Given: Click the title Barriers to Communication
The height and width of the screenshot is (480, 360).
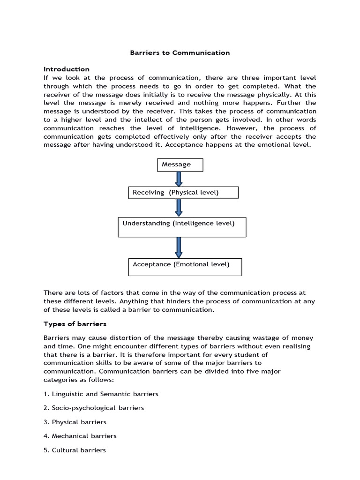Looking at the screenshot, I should point(180,52).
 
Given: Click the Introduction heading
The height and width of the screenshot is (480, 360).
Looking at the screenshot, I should point(66,69).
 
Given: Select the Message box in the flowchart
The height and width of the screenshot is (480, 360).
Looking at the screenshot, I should point(180,165).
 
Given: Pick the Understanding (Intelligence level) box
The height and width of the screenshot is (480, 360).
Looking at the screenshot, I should point(182,227).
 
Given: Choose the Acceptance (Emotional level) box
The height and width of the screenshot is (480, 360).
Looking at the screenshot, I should point(185,266).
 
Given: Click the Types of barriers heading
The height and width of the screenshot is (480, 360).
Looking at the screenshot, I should point(75,324).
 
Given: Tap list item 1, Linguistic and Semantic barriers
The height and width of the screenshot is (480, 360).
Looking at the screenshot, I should point(101,394).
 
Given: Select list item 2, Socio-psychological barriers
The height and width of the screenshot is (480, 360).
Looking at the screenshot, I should point(94,408).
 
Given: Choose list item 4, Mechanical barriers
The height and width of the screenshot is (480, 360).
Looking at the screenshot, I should point(80,436).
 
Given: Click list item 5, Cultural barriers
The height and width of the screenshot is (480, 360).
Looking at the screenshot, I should point(75,450).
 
